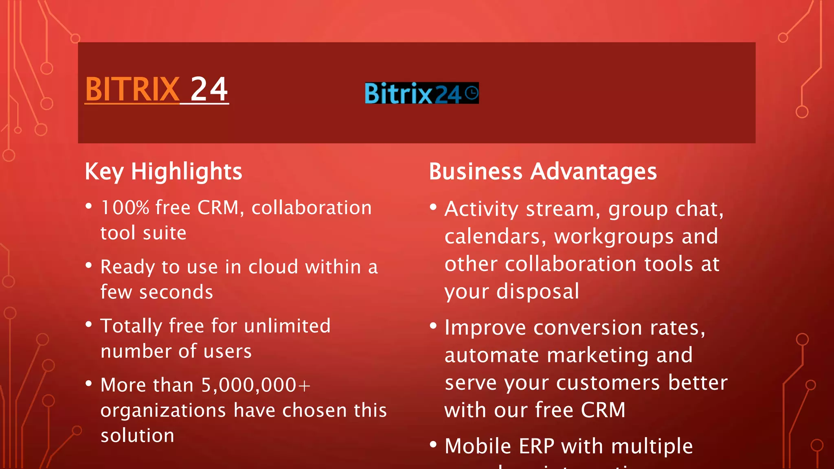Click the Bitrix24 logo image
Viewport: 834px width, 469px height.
pyautogui.click(x=421, y=93)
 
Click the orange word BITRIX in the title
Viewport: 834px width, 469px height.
pyautogui.click(x=132, y=90)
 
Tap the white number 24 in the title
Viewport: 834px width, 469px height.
pyautogui.click(x=209, y=90)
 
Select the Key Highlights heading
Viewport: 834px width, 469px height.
pyautogui.click(x=163, y=171)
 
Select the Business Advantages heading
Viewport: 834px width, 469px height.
pyautogui.click(x=542, y=171)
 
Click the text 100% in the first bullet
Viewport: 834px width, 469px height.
pyautogui.click(x=125, y=208)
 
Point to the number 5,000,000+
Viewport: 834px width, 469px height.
pyautogui.click(x=256, y=385)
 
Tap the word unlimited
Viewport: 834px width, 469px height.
pyautogui.click(x=287, y=326)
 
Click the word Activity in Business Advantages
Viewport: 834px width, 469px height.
pyautogui.click(x=481, y=210)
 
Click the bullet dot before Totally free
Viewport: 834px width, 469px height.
pyautogui.click(x=89, y=324)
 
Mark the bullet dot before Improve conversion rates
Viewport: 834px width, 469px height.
pyautogui.click(x=433, y=326)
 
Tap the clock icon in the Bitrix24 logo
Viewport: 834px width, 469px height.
pyautogui.click(x=471, y=93)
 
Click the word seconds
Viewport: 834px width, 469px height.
pyautogui.click(x=176, y=293)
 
